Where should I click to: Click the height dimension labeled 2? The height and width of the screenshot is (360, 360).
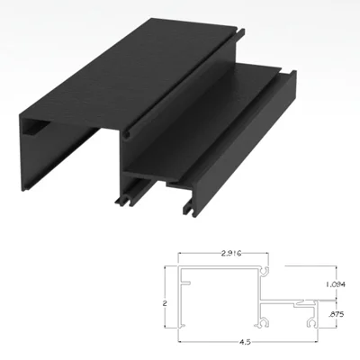166,302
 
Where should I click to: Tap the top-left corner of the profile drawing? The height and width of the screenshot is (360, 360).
177,267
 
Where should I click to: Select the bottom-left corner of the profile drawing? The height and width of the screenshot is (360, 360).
177,326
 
